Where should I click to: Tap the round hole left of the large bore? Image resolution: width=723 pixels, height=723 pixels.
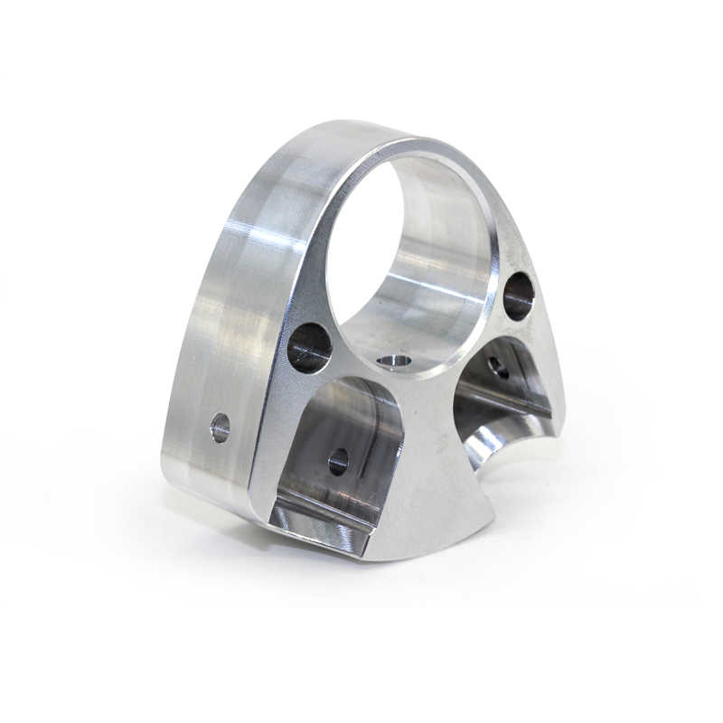coord(309,347)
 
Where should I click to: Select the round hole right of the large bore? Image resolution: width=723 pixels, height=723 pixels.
coord(518,296)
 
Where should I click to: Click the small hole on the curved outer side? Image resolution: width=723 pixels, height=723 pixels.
coord(220,427)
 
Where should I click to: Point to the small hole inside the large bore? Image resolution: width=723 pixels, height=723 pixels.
coord(394,361)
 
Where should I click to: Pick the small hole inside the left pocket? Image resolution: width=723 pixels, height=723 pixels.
coord(338,461)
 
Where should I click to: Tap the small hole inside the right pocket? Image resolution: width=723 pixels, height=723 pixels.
coord(498,367)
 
